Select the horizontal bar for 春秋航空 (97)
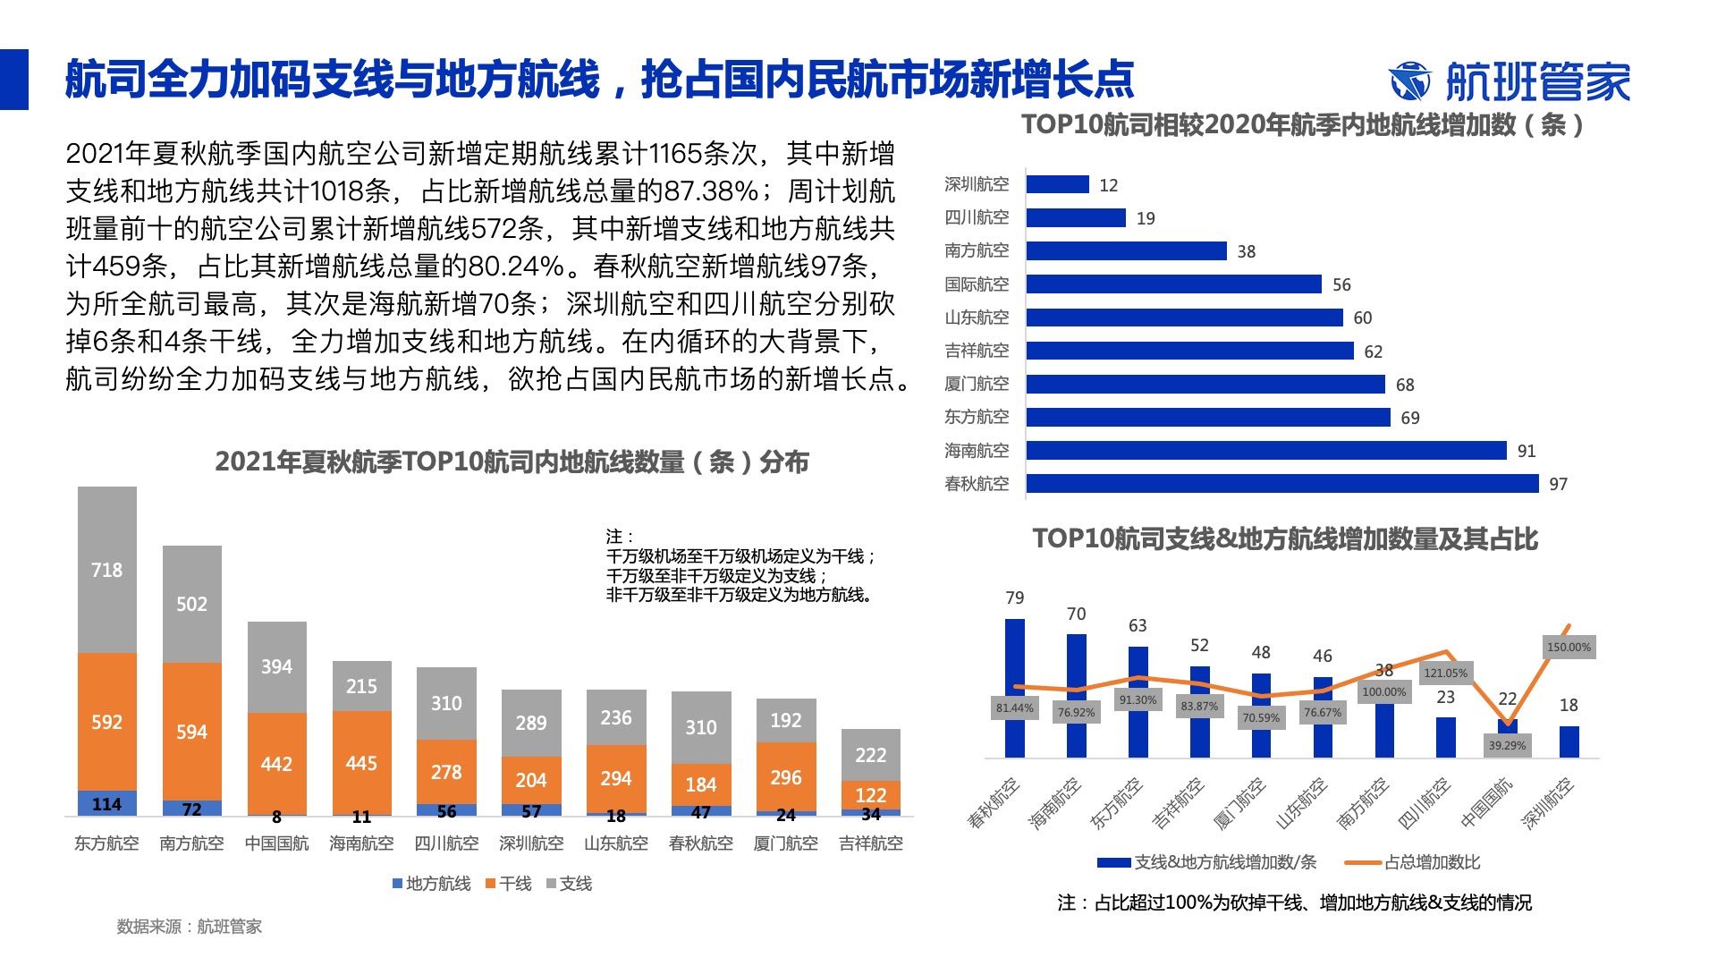1282,484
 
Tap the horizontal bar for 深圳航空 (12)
1057,184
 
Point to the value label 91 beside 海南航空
1527,452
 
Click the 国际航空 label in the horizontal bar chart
977,284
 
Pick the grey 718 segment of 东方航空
107,570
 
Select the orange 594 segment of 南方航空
191,732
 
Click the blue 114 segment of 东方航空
107,803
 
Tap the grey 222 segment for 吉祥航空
871,755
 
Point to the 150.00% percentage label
1569,647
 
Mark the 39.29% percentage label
1507,745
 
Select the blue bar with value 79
1015,688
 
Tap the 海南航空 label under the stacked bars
361,843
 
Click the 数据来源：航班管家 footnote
190,927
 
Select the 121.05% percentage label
1446,673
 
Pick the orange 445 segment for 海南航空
361,762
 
